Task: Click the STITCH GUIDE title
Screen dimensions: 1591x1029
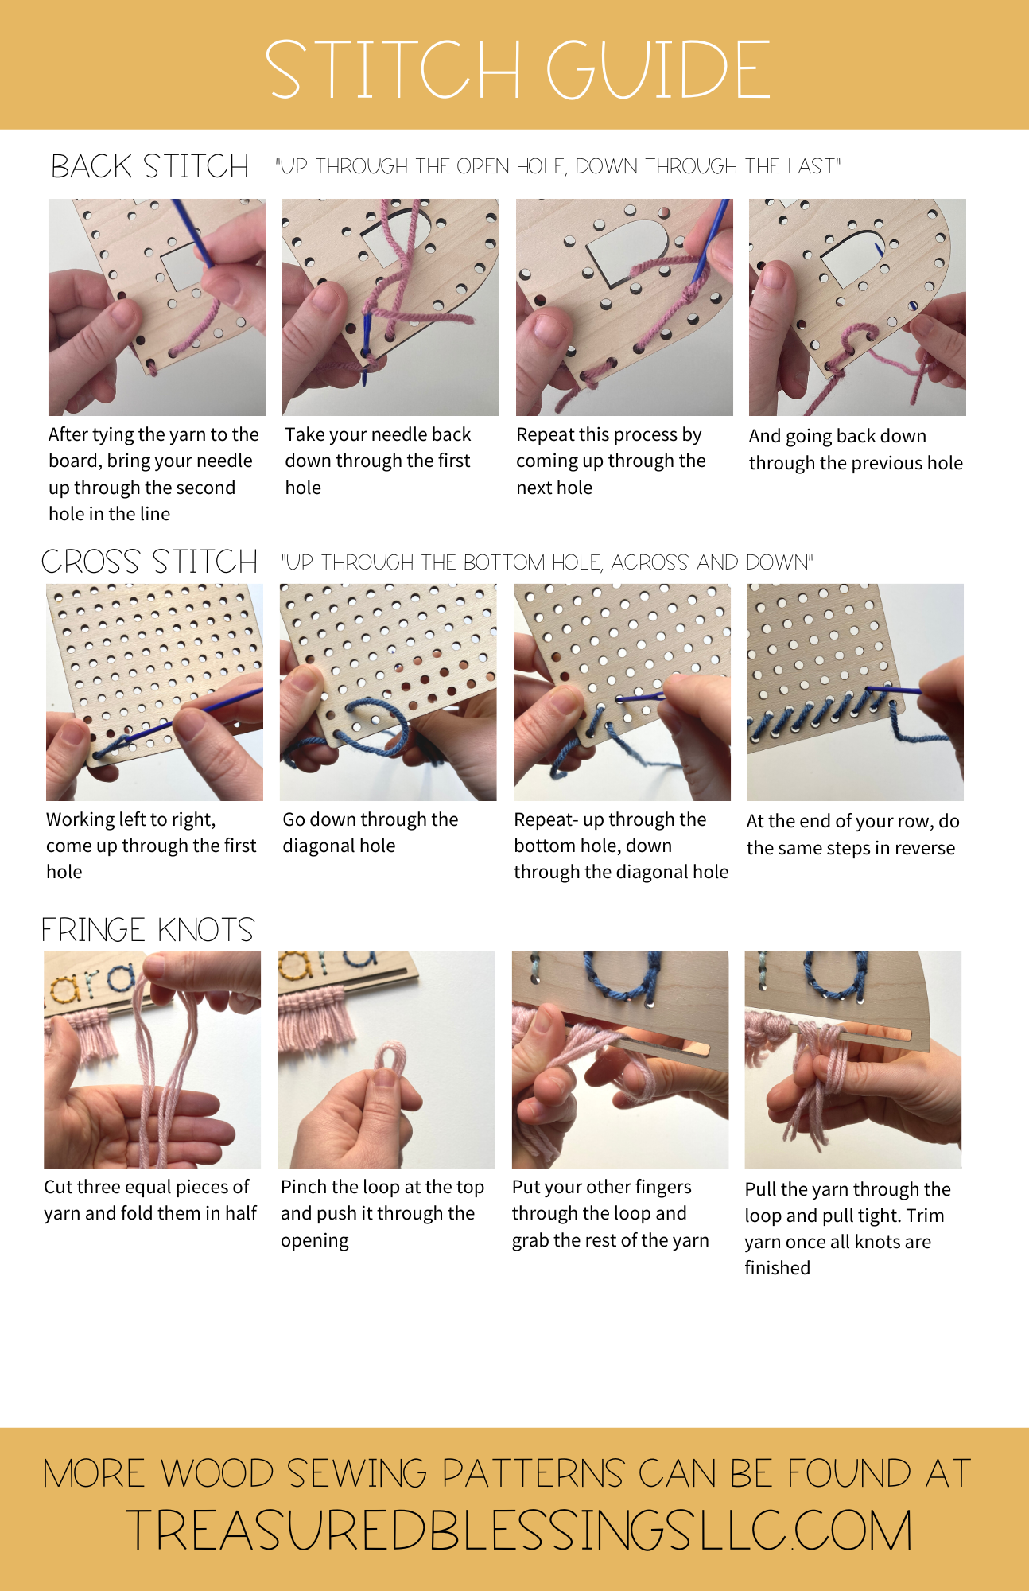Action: click(x=517, y=69)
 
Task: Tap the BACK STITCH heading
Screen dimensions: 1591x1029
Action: click(x=149, y=166)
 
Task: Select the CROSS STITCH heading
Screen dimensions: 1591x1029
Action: click(x=149, y=562)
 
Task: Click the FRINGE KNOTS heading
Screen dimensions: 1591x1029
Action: click(x=148, y=929)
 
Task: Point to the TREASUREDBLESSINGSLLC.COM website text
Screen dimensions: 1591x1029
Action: click(x=518, y=1531)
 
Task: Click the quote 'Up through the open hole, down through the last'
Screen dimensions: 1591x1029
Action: click(x=557, y=166)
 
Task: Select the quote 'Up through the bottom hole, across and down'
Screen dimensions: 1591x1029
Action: click(x=547, y=562)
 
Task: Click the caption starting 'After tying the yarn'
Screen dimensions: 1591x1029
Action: click(x=153, y=473)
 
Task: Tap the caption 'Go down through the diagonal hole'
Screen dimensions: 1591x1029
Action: click(x=371, y=832)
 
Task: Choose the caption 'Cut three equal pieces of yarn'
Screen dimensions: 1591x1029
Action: click(x=149, y=1200)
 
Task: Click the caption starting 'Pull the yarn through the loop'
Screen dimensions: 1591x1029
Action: click(x=847, y=1227)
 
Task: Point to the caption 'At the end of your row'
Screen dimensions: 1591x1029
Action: click(x=852, y=834)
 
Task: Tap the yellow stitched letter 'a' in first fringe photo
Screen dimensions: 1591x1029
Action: click(x=66, y=989)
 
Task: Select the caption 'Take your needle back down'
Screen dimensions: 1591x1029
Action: click(x=378, y=461)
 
